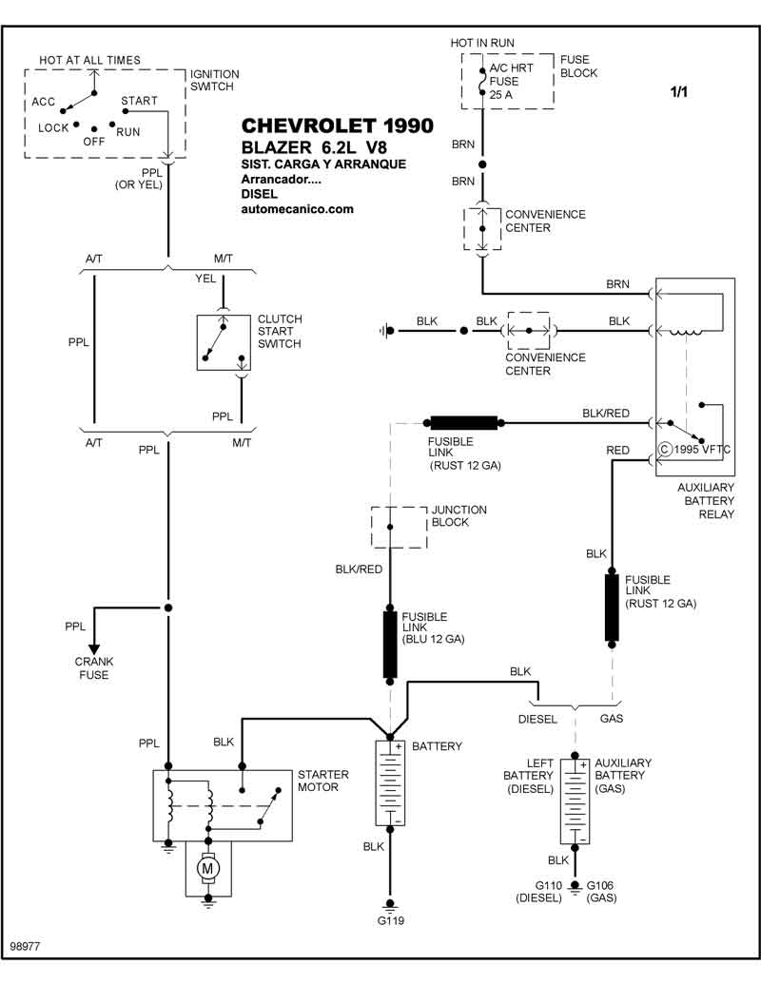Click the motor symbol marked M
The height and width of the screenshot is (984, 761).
point(207,869)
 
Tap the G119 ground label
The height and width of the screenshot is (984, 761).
point(390,920)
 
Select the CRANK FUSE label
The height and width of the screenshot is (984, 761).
point(94,668)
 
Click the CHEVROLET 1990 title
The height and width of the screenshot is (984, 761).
point(337,125)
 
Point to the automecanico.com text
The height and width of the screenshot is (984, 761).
point(297,209)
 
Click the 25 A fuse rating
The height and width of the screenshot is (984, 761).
point(501,95)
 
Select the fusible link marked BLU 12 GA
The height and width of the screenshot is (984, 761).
point(390,645)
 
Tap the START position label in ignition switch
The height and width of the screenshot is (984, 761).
point(139,101)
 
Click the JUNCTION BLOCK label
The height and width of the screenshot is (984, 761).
point(459,516)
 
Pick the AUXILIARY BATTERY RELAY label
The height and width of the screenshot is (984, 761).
point(705,501)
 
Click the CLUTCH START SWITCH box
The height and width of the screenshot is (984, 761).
point(224,342)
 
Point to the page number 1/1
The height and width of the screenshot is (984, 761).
point(679,91)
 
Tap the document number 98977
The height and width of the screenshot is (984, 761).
point(25,946)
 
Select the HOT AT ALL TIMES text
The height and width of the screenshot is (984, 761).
point(89,60)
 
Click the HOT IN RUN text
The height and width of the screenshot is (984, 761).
point(482,43)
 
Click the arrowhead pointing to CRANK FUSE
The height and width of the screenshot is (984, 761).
point(93,649)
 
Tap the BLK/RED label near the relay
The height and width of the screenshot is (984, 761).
point(605,414)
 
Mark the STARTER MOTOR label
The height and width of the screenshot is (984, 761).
point(322,781)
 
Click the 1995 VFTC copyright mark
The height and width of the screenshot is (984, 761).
point(693,450)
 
